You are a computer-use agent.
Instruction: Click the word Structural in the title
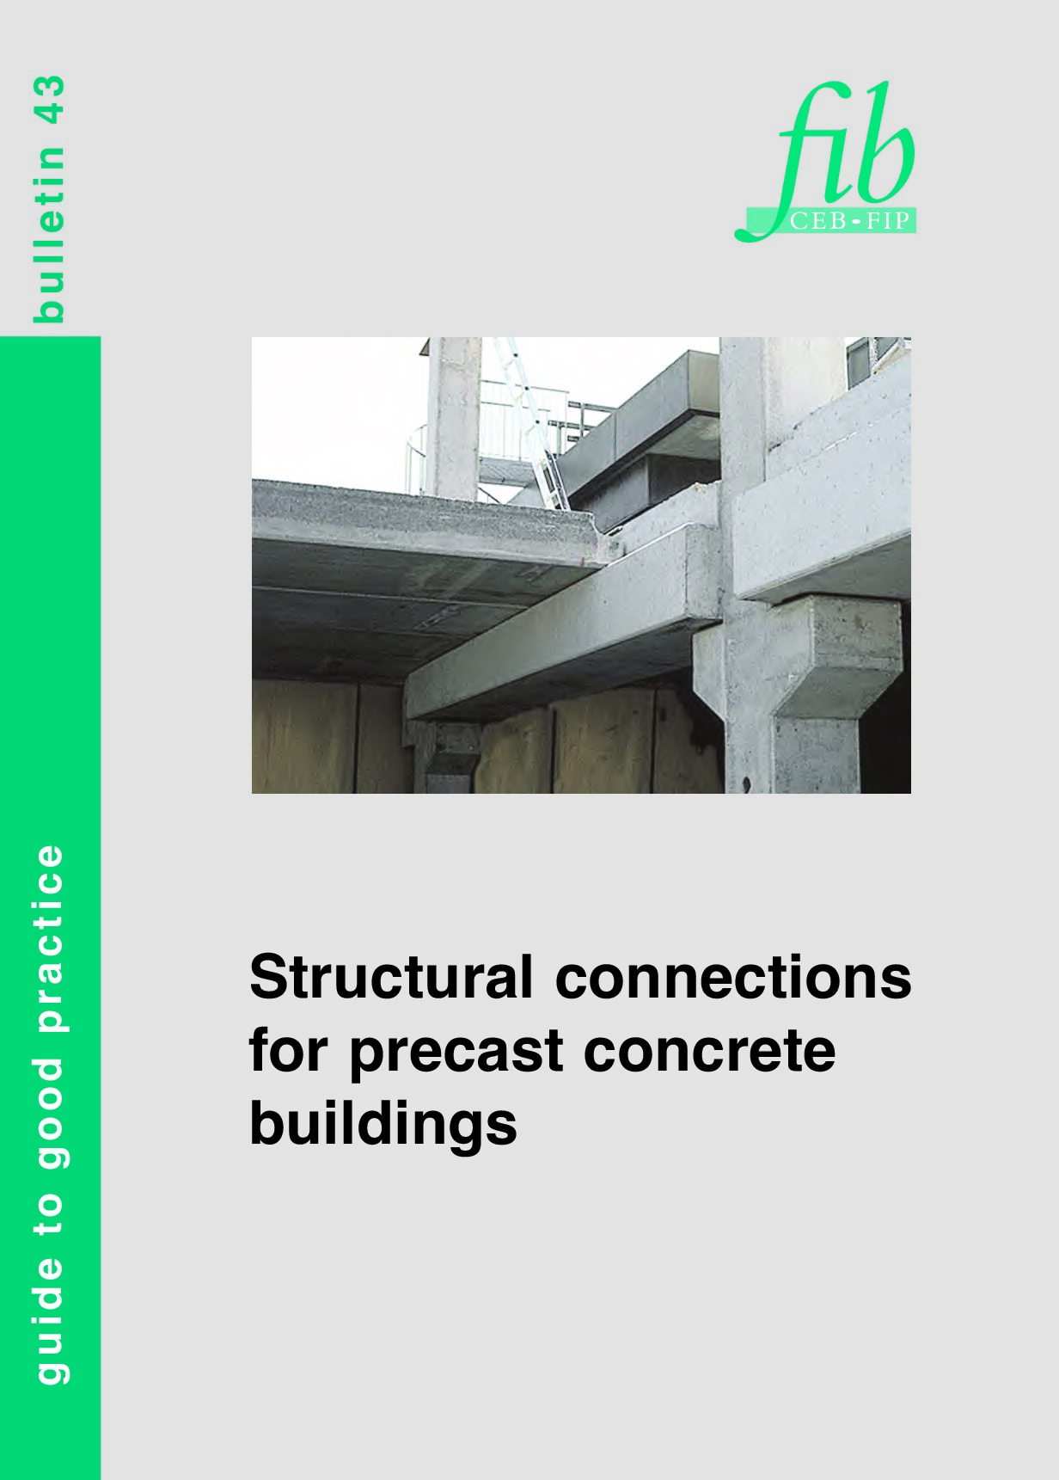pos(390,978)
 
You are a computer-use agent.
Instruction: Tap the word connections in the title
pos(733,978)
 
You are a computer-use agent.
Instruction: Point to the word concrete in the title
pos(709,1051)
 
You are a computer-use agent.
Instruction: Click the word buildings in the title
pos(383,1124)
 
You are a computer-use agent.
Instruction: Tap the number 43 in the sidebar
pos(48,100)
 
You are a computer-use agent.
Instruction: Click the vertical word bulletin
pos(48,234)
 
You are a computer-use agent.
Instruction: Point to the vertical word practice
pos(50,937)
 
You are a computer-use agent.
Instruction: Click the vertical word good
pos(50,1113)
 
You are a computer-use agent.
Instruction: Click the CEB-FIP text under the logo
pos(848,221)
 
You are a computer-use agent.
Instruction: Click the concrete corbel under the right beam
pos(838,654)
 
